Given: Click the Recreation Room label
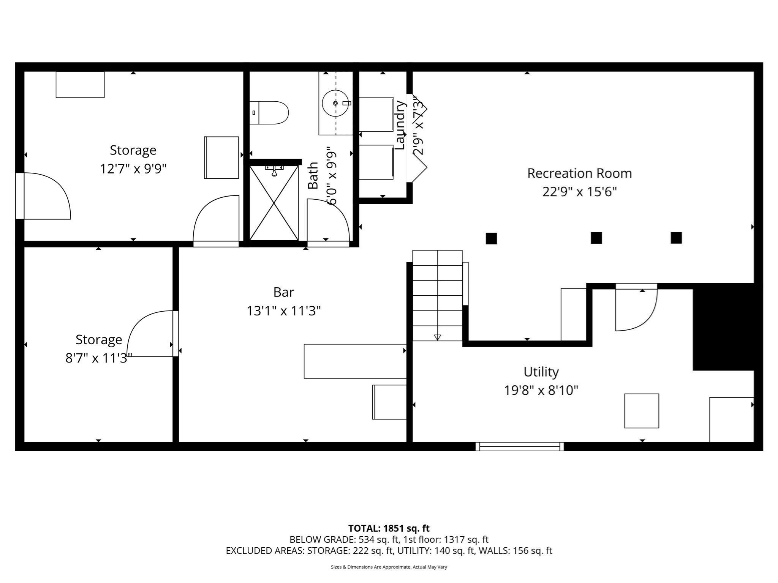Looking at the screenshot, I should tap(579, 173).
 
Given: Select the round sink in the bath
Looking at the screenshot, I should tap(335, 103).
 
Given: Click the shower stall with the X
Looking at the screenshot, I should tap(274, 203).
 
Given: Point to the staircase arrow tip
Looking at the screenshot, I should tap(437, 337).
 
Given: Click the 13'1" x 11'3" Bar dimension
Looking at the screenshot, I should tap(283, 311).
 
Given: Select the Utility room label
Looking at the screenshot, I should tap(541, 372).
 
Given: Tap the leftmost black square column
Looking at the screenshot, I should tap(491, 238).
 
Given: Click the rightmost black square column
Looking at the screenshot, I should tap(676, 238).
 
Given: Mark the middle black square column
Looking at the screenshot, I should tap(596, 238).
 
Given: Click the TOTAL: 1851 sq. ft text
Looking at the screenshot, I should tap(389, 528).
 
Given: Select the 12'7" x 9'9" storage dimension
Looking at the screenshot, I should tap(133, 169).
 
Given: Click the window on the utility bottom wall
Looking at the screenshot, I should tap(519, 447).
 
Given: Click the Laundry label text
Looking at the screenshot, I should tap(400, 125).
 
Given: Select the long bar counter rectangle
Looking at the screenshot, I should tap(355, 361).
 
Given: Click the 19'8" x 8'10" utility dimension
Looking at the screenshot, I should tap(541, 390).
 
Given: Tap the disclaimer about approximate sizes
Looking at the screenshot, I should tap(389, 567).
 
